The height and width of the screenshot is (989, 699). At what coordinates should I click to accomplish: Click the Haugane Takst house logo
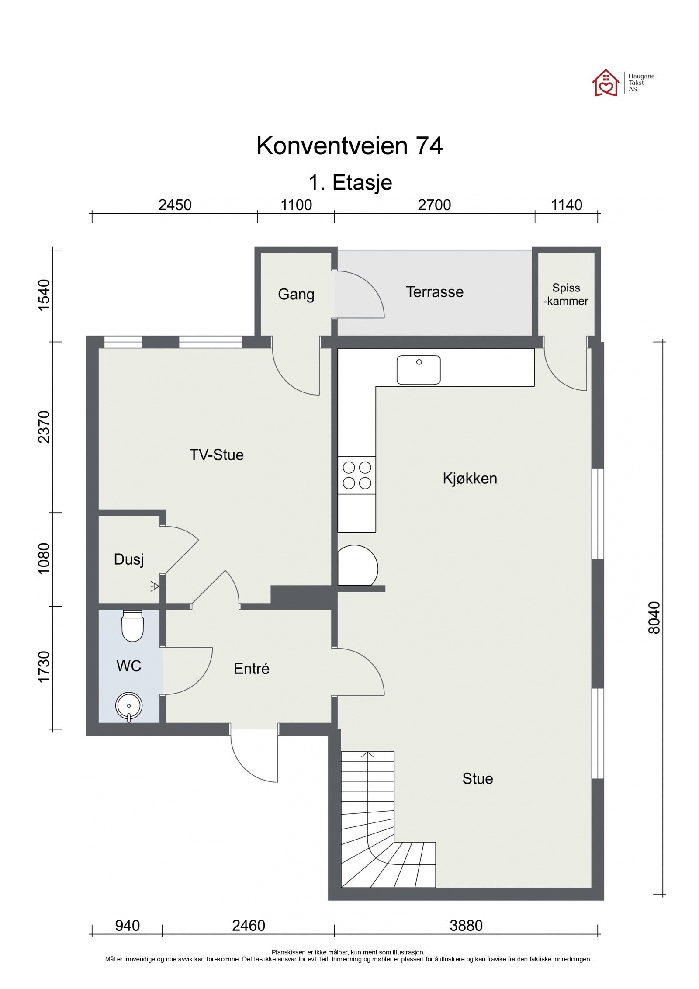click(606, 82)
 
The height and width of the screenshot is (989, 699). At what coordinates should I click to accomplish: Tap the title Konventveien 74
click(349, 146)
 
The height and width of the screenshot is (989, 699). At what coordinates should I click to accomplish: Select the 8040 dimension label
click(654, 617)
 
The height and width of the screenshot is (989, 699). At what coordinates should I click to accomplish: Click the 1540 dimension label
click(45, 295)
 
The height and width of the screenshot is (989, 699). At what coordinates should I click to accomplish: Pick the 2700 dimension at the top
click(434, 205)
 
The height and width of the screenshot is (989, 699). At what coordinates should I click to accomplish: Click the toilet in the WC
click(133, 625)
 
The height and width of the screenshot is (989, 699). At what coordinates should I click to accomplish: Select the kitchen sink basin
click(419, 370)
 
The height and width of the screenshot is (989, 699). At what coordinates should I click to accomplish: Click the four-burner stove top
click(356, 475)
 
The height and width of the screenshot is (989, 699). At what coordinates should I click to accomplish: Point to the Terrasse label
click(435, 292)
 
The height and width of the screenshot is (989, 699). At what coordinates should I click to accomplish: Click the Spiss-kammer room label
click(566, 294)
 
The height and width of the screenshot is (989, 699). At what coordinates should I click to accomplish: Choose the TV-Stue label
click(217, 455)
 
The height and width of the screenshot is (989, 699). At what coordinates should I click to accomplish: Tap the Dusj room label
click(129, 560)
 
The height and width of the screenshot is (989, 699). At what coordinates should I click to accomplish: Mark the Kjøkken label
click(470, 479)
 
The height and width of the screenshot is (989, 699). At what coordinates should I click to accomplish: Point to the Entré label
click(252, 669)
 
